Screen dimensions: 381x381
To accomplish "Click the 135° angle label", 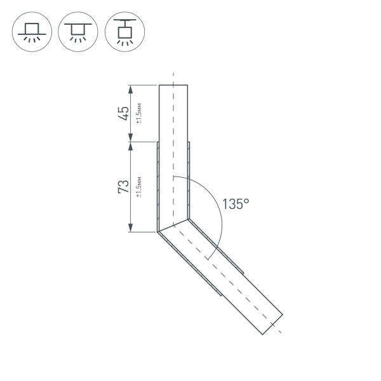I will [236, 204].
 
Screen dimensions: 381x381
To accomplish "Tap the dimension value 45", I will [124, 113].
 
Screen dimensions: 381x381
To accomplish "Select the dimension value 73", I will [124, 187].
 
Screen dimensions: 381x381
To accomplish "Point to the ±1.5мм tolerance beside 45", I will [139, 113].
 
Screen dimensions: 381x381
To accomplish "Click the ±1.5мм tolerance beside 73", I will [139, 187].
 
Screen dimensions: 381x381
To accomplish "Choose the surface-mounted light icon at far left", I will [31, 31].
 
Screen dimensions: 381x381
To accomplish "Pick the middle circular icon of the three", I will [77, 31].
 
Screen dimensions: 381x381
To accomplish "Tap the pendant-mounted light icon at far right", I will [124, 31].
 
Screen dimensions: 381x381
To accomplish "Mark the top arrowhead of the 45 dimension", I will [130, 88].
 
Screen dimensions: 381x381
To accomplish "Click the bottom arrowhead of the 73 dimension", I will [130, 229].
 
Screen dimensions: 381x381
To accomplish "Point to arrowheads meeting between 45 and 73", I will [130, 142].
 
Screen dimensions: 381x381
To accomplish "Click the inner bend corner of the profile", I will [189, 220].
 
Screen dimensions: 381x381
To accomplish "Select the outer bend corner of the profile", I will [157, 232].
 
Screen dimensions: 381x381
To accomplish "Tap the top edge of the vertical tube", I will [173, 84].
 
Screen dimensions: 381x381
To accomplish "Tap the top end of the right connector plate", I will [189, 143].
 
